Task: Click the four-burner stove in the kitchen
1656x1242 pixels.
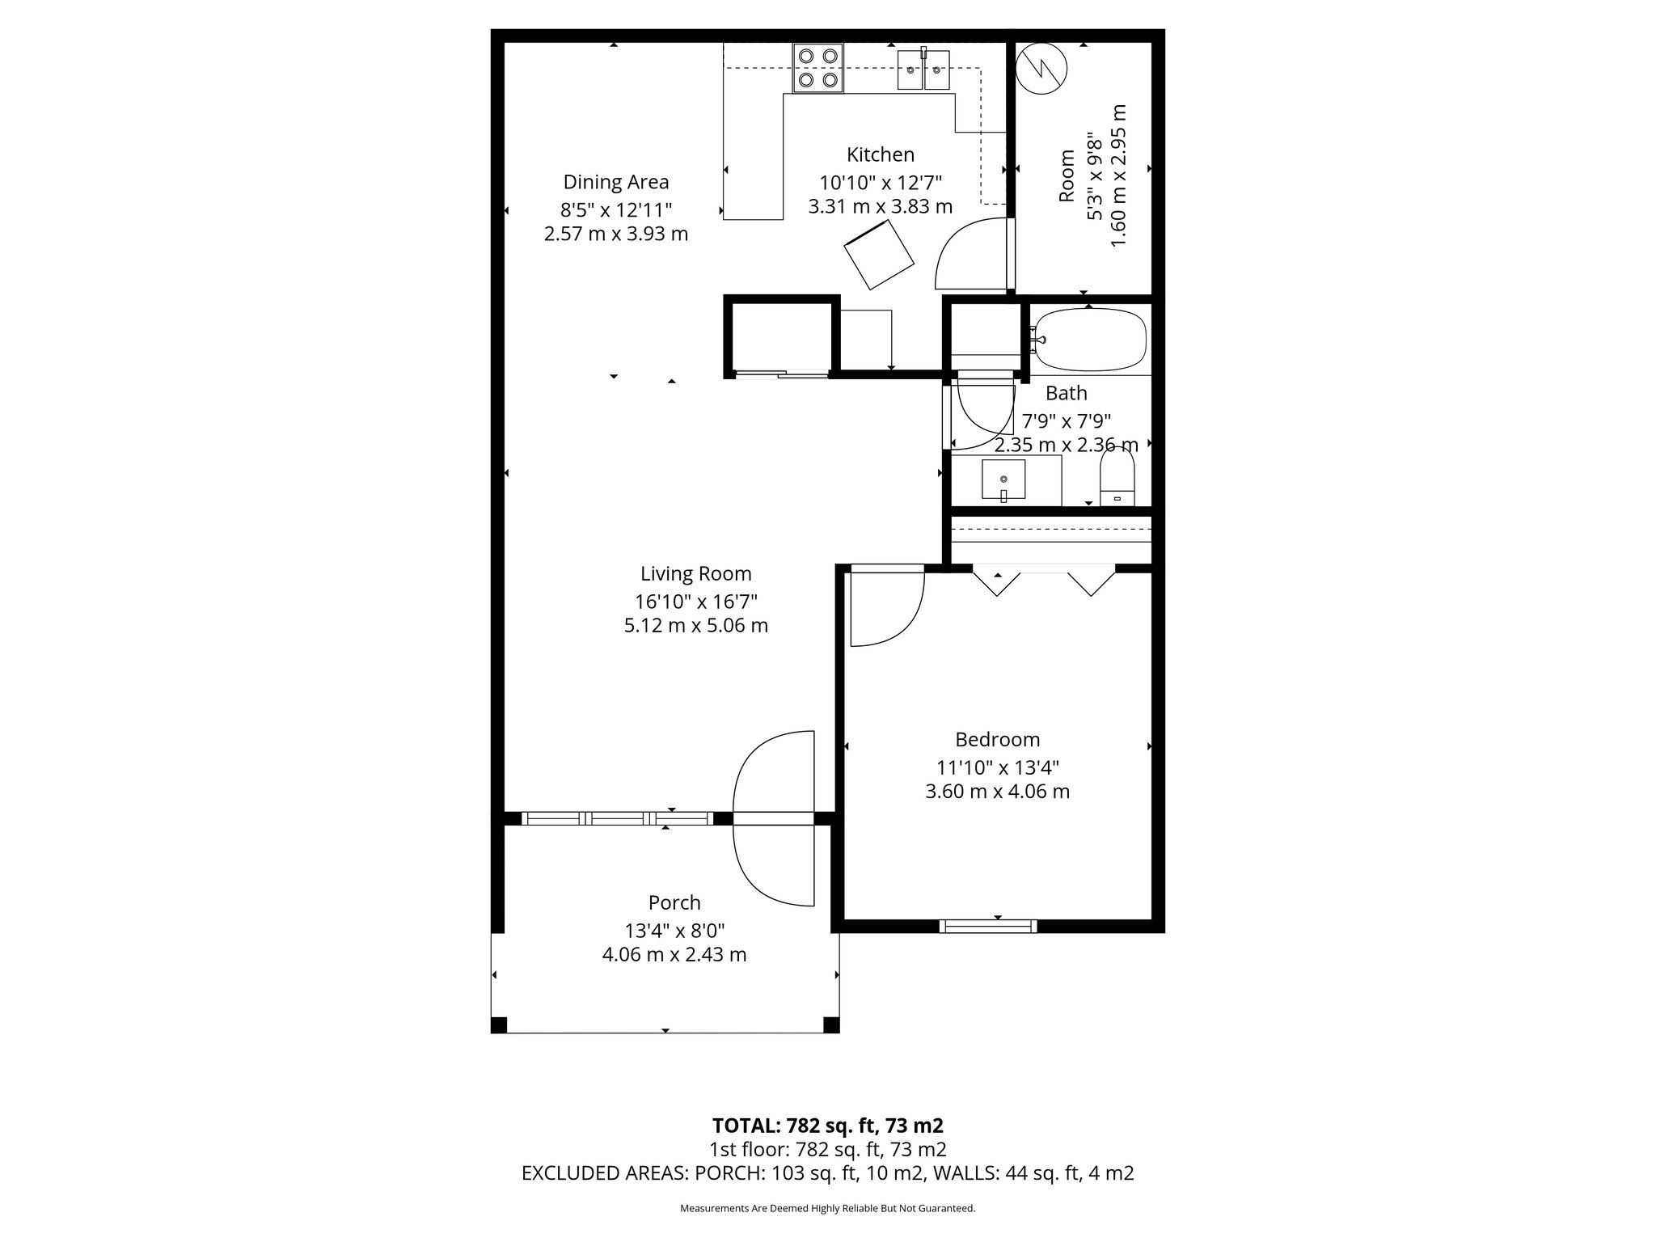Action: (x=818, y=68)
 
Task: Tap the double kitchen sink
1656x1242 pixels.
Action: (x=923, y=70)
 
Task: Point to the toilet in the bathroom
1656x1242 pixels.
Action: (x=1117, y=477)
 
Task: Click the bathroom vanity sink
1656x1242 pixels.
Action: (x=1003, y=480)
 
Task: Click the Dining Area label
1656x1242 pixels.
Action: (x=616, y=182)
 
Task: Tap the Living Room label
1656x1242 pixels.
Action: (x=696, y=574)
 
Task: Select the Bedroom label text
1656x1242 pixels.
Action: (x=998, y=740)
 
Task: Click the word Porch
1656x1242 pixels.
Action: (x=674, y=902)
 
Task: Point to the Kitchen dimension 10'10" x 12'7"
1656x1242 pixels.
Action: (x=881, y=182)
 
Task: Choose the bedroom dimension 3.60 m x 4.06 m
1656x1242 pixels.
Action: (x=998, y=792)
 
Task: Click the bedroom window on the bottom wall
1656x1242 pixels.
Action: (x=988, y=927)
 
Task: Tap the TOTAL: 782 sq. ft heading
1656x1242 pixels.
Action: (x=828, y=1126)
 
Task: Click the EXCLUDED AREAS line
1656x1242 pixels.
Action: (x=828, y=1173)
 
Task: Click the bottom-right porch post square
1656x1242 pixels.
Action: (x=831, y=1025)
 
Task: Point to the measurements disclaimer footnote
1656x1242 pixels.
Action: (x=828, y=1209)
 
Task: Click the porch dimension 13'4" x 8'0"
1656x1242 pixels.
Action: (x=674, y=930)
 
